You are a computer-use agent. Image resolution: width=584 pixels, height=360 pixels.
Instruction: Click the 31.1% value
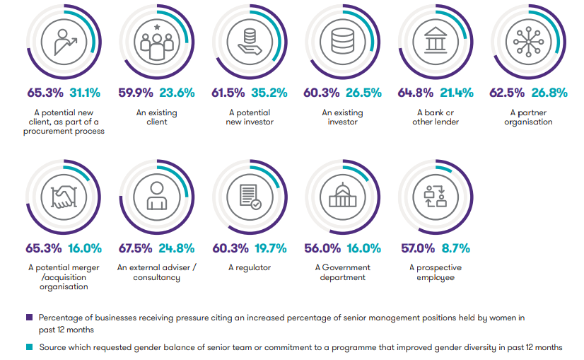click(x=85, y=92)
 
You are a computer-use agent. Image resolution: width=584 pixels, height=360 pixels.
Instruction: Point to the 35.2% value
click(x=271, y=92)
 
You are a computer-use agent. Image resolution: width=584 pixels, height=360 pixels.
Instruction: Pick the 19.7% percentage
click(x=271, y=248)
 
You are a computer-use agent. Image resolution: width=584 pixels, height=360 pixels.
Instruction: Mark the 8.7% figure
click(x=456, y=248)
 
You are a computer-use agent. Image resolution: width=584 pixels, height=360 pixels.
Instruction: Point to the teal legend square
click(x=30, y=347)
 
